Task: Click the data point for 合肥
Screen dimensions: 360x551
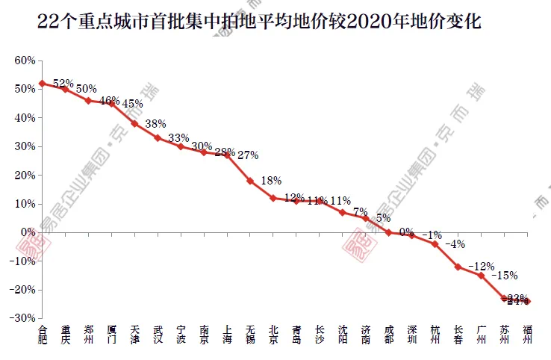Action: (43, 83)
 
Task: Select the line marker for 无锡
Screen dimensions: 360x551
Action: (250, 181)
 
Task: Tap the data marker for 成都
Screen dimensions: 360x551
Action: (389, 232)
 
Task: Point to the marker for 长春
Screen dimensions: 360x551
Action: (458, 267)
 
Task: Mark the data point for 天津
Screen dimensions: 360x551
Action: (134, 123)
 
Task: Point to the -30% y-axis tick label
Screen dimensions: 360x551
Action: (22, 318)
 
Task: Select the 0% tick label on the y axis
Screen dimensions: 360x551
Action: (28, 232)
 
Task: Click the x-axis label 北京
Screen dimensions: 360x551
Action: (273, 334)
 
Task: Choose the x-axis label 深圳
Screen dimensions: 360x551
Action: (412, 334)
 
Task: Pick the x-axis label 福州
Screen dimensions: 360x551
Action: (528, 334)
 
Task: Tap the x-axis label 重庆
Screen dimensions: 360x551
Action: (66, 334)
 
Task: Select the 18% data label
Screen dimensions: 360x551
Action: (271, 180)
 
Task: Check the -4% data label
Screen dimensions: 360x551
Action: (455, 243)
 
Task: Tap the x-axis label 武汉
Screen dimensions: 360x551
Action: (158, 334)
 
